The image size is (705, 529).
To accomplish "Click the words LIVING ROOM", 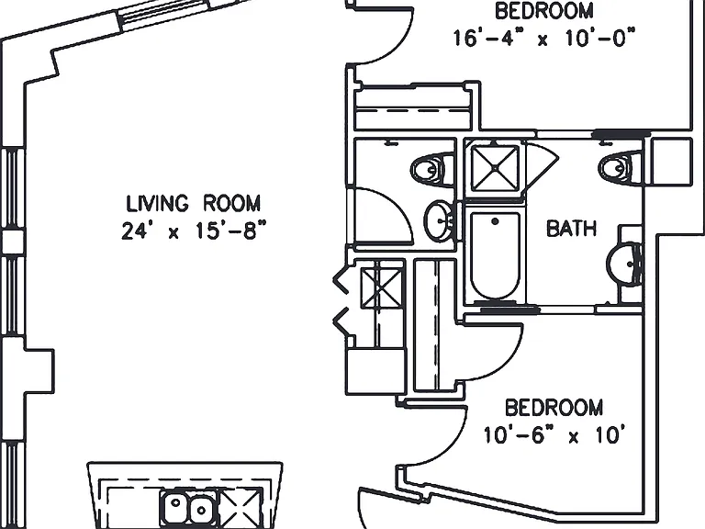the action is click(194, 203).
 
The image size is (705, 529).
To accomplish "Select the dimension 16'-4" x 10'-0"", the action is click(543, 38).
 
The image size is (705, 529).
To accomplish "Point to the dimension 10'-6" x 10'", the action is click(554, 435).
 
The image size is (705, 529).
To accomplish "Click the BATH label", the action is click(572, 228).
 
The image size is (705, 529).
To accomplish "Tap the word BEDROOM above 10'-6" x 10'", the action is click(554, 408).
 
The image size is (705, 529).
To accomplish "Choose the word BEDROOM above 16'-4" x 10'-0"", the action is click(544, 11).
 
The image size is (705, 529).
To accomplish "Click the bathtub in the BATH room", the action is click(495, 255).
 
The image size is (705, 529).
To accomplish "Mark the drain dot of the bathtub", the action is click(495, 221).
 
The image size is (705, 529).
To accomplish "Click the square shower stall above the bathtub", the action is click(495, 167).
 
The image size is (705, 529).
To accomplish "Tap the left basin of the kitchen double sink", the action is click(176, 508).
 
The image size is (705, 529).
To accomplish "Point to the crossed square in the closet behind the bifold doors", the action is click(382, 287).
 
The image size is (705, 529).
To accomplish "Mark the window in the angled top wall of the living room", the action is click(165, 15).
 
